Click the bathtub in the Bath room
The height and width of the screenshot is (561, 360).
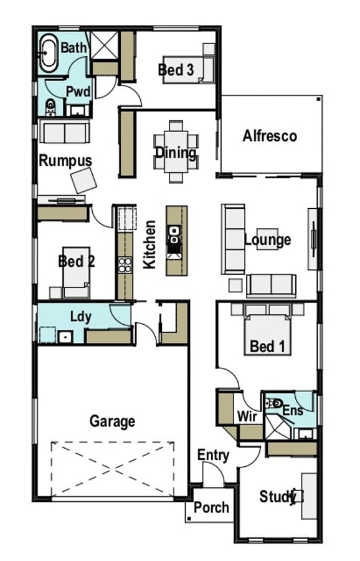(x=48, y=53)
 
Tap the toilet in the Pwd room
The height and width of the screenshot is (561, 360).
(x=51, y=107)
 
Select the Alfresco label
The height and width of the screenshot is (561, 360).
(x=270, y=136)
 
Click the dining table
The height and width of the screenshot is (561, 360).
(x=176, y=151)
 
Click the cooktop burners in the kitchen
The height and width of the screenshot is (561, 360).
(x=125, y=265)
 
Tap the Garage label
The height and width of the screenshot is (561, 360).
(x=112, y=421)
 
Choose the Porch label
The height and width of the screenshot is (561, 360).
(x=211, y=507)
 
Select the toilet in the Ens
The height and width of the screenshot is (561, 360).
(x=275, y=403)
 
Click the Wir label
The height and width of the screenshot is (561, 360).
(x=247, y=416)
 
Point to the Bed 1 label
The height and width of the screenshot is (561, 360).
(x=267, y=347)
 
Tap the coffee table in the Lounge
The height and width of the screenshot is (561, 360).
(x=267, y=239)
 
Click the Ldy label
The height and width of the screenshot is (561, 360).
(x=81, y=317)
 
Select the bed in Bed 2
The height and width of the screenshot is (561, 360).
(x=76, y=272)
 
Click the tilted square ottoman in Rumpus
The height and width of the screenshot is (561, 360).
(x=83, y=180)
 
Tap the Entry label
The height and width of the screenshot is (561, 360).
(x=214, y=456)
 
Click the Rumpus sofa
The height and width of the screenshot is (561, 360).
(x=65, y=132)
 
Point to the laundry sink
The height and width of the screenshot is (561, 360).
(x=65, y=337)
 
